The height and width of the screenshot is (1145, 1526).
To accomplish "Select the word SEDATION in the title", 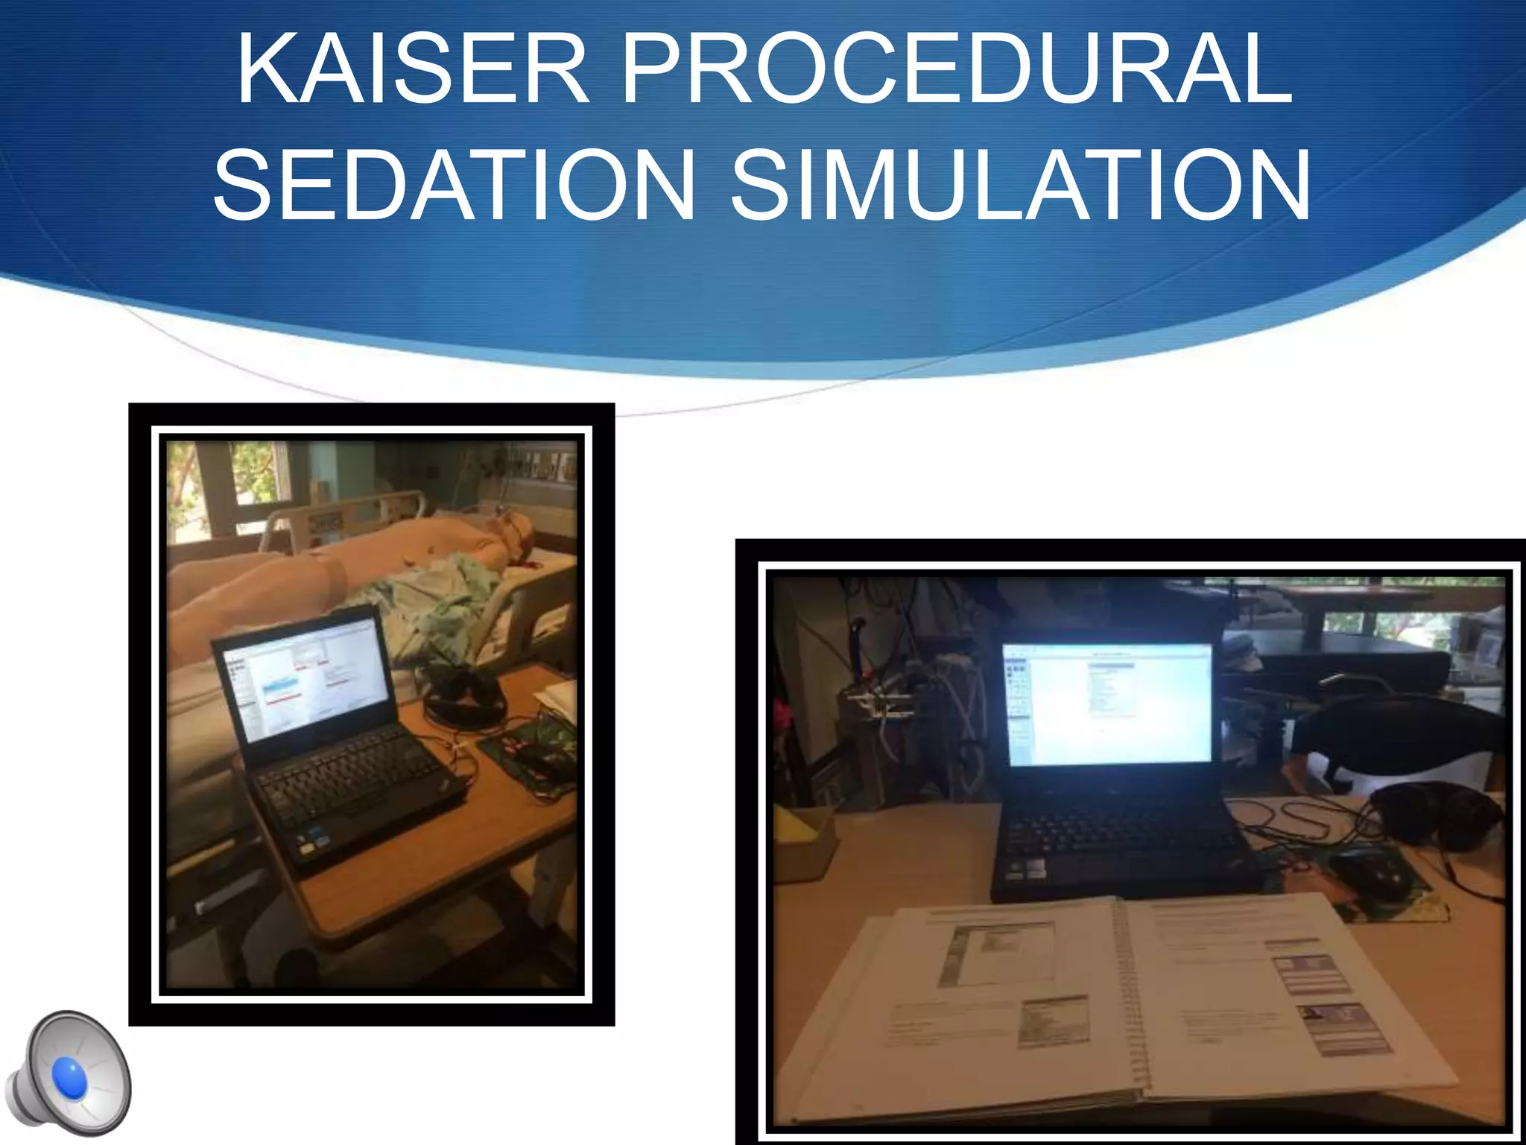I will pyautogui.click(x=454, y=185).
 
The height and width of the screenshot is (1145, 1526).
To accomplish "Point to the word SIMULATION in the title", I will pyautogui.click(x=1020, y=185).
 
